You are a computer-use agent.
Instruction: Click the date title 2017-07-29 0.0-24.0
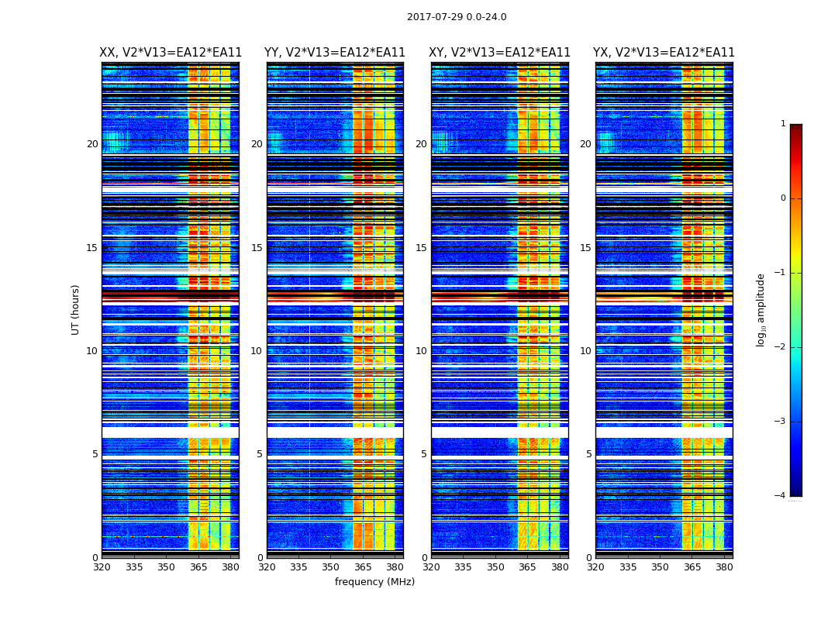(x=457, y=17)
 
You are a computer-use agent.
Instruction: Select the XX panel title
(x=171, y=53)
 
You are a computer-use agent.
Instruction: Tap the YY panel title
(x=335, y=53)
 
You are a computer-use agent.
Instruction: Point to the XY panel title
(x=499, y=53)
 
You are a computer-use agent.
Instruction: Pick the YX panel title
(x=664, y=53)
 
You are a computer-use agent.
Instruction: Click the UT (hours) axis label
(x=76, y=309)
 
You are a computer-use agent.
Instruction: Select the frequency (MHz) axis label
(x=374, y=582)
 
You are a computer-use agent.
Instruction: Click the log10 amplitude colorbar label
(x=761, y=309)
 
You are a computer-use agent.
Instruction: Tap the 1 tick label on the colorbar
(x=783, y=124)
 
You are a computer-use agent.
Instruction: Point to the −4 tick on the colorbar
(x=781, y=496)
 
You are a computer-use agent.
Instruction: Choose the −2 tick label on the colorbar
(x=781, y=347)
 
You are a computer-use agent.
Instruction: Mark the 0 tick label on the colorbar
(x=783, y=198)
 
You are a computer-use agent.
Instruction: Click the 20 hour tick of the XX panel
(x=92, y=144)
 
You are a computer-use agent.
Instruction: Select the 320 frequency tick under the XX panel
(x=102, y=567)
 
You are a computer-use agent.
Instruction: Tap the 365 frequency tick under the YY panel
(x=363, y=567)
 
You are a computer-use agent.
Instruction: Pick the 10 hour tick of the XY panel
(x=421, y=351)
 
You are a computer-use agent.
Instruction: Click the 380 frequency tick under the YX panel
(x=724, y=567)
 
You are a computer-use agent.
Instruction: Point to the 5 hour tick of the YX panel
(x=588, y=454)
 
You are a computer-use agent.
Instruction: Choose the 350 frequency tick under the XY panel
(x=495, y=567)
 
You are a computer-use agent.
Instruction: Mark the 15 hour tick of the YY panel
(x=257, y=248)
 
